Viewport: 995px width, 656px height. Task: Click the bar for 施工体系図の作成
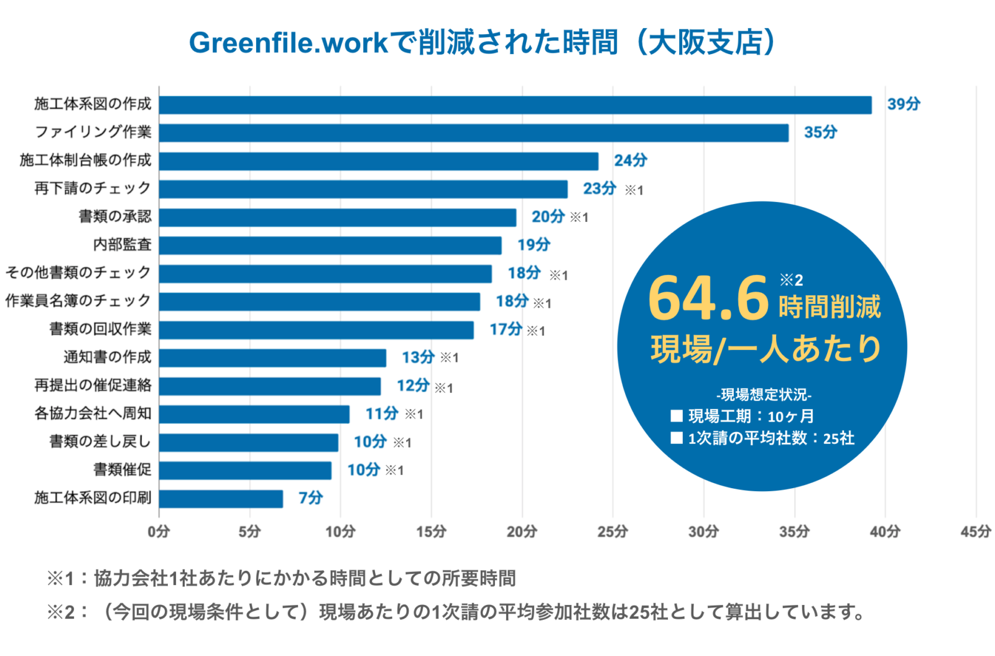click(x=515, y=105)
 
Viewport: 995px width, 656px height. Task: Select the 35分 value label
click(x=820, y=132)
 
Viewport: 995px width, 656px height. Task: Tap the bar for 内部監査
click(x=330, y=245)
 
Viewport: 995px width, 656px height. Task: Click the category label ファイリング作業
click(x=93, y=132)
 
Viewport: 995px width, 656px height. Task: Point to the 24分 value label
click(x=630, y=160)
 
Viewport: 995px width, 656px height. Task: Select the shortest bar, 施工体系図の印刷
click(x=221, y=499)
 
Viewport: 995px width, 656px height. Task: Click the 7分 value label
click(x=310, y=498)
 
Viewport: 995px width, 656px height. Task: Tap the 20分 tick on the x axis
click(x=521, y=532)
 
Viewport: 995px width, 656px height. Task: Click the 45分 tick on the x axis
click(x=975, y=532)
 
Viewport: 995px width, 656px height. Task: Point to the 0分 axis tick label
click(x=159, y=532)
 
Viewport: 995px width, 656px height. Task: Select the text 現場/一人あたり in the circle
click(x=766, y=349)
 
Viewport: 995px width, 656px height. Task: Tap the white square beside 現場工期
click(x=677, y=415)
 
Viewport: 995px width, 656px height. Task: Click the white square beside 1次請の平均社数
click(x=677, y=438)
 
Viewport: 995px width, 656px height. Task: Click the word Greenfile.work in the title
click(x=289, y=43)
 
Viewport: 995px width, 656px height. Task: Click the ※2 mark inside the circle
click(x=791, y=280)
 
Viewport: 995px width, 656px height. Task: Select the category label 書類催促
click(x=122, y=469)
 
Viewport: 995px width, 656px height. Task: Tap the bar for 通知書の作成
click(x=272, y=358)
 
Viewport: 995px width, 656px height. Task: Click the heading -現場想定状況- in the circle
click(x=764, y=394)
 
